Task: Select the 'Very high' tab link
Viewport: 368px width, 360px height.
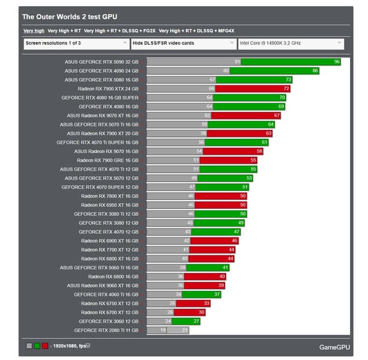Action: point(33,30)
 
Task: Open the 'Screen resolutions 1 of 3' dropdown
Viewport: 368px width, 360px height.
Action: point(76,43)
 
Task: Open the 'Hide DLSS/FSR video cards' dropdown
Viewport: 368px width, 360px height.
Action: point(183,43)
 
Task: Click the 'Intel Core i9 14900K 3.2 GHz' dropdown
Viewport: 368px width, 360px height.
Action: point(290,43)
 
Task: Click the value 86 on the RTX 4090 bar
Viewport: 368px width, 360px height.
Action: point(315,71)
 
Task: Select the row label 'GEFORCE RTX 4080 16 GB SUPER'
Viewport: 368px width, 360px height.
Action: point(100,97)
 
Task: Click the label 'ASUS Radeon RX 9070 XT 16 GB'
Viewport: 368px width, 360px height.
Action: point(103,115)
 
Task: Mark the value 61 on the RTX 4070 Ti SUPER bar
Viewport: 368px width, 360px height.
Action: point(264,142)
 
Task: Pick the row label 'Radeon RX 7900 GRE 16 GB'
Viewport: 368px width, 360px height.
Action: point(108,160)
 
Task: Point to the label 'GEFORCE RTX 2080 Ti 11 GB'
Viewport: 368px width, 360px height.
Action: point(106,330)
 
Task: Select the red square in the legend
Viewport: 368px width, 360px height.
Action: point(45,346)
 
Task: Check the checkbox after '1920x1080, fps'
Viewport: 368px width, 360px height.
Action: point(88,345)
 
